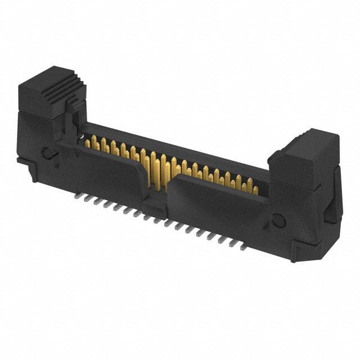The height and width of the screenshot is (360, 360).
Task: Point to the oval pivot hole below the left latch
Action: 48,151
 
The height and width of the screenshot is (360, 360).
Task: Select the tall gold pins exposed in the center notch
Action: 157,169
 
